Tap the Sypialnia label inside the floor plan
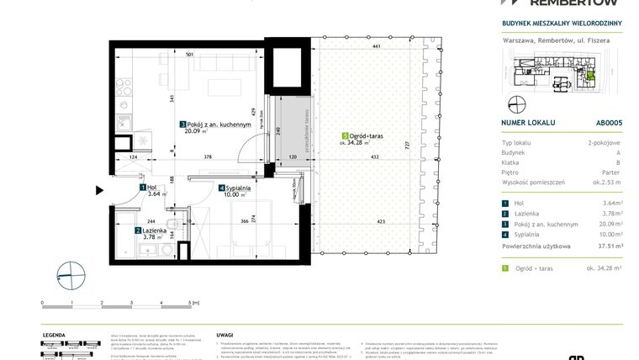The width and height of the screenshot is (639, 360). click(x=236, y=188)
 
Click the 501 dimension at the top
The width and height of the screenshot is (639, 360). click(x=191, y=55)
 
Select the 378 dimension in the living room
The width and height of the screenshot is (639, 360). click(x=207, y=157)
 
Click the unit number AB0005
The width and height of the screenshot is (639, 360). click(x=609, y=122)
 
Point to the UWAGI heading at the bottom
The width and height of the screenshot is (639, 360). click(x=224, y=334)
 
